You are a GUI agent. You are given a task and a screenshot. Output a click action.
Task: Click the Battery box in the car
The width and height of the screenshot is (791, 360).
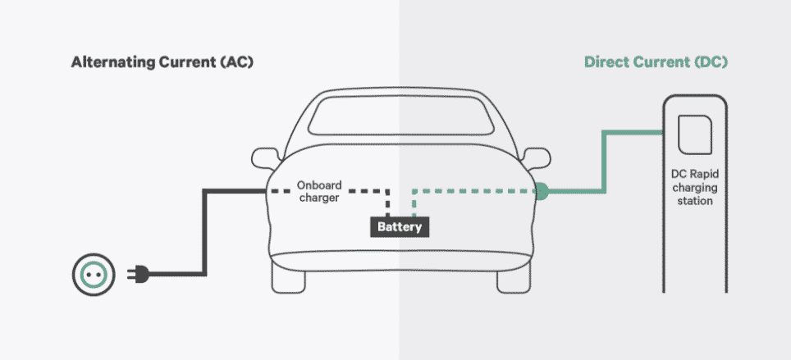[x=400, y=227]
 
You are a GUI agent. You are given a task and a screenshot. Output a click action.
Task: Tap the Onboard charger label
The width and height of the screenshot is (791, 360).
[x=319, y=191]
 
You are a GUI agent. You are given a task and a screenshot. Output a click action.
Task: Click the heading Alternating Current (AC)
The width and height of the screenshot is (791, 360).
[x=162, y=62]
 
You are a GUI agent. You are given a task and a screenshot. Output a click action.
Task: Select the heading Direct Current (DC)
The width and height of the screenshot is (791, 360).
[x=656, y=62]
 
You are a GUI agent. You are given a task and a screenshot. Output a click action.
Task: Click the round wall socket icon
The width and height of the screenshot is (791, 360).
[x=94, y=275]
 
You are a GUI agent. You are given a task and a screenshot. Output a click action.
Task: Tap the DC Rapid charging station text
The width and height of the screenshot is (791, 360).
[x=695, y=187]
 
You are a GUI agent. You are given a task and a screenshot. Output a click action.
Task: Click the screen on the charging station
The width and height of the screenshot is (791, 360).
[x=695, y=134]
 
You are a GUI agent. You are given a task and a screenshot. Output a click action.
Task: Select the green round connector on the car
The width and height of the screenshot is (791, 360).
[x=541, y=191]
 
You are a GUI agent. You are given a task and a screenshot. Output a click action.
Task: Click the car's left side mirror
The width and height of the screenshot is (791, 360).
[x=265, y=158]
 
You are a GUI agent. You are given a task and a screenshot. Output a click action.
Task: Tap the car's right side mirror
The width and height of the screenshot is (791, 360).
[x=537, y=158]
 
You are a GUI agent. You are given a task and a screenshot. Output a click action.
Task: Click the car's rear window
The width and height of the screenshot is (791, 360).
[x=400, y=116]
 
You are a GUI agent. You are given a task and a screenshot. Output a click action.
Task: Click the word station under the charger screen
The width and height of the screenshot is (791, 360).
[x=695, y=201]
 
